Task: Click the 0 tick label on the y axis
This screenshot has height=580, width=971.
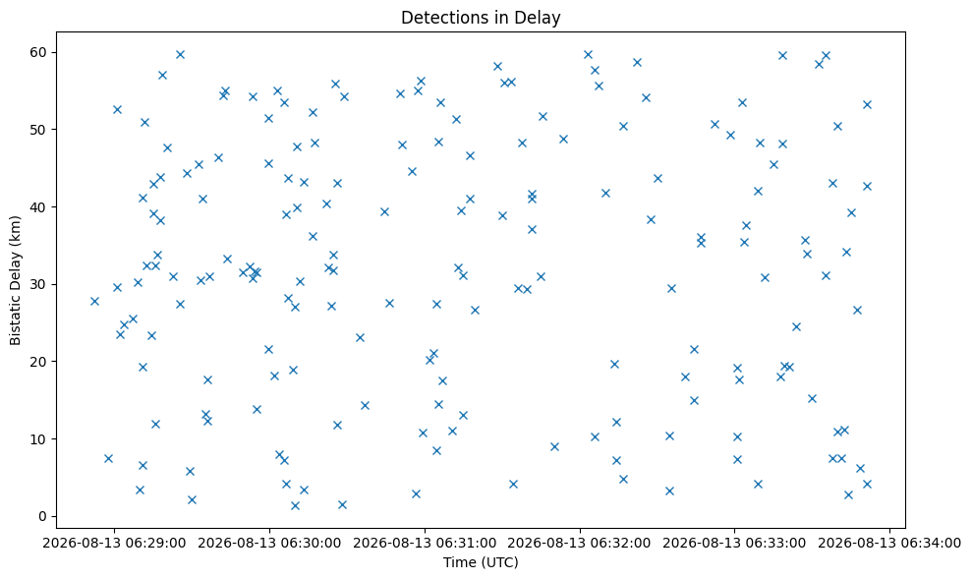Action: pyautogui.click(x=43, y=517)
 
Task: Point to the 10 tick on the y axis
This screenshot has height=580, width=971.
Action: pyautogui.click(x=39, y=439)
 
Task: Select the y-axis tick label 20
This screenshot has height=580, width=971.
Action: pyautogui.click(x=39, y=362)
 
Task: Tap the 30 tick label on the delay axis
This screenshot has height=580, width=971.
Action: pyautogui.click(x=39, y=284)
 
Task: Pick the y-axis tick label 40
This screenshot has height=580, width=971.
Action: pyautogui.click(x=39, y=207)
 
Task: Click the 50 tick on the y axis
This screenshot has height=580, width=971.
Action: pyautogui.click(x=39, y=130)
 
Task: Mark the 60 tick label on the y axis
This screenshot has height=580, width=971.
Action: pyautogui.click(x=39, y=52)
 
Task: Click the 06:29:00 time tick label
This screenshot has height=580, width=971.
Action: pyautogui.click(x=114, y=544)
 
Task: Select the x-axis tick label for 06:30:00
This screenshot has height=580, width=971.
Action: pyautogui.click(x=269, y=544)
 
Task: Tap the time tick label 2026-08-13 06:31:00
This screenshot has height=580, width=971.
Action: pyautogui.click(x=425, y=544)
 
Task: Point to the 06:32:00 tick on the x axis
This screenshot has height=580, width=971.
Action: pyautogui.click(x=580, y=544)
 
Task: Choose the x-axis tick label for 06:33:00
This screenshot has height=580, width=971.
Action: pyautogui.click(x=734, y=544)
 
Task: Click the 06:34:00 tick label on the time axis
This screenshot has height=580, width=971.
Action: pyautogui.click(x=889, y=544)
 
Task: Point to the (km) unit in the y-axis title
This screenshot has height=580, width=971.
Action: pyautogui.click(x=16, y=230)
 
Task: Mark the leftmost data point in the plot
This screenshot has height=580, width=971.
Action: pyautogui.click(x=94, y=301)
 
